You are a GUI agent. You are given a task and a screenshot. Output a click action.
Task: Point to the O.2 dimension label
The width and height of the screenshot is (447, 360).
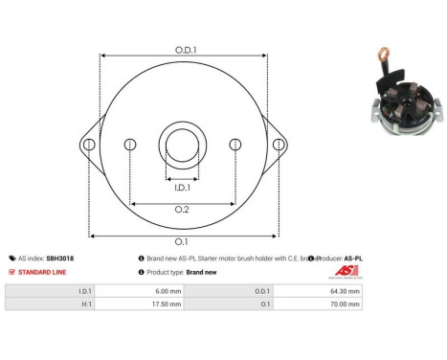(182, 211)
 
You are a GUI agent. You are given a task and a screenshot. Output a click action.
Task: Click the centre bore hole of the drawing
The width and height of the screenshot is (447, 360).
(182, 145)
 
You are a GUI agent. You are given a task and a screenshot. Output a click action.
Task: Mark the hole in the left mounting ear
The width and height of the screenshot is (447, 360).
(89, 145)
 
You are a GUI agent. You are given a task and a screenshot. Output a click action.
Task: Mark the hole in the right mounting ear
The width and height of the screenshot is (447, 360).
(279, 145)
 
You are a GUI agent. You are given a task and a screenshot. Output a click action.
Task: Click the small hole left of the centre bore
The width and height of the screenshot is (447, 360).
(131, 145)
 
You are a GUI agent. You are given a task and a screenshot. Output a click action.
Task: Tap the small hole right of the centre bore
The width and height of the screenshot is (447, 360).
(235, 145)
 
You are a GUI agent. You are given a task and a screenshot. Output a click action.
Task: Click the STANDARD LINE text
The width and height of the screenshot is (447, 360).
(42, 272)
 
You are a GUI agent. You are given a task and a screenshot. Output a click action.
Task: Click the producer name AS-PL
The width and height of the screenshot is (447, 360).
(353, 259)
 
